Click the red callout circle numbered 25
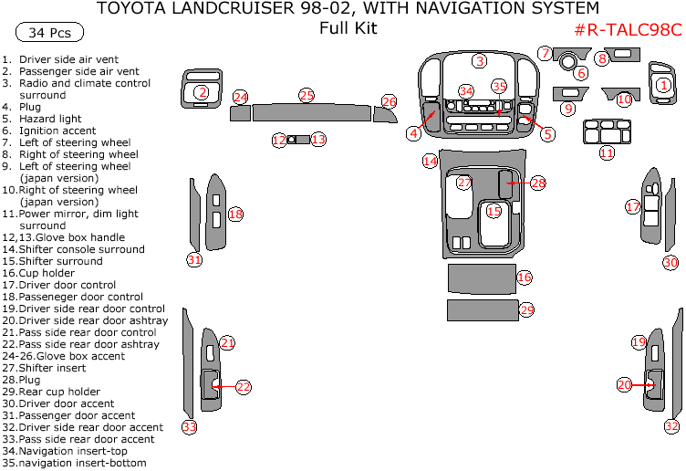307,96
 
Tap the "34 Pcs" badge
49,33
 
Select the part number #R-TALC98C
629,29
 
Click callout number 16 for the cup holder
524,277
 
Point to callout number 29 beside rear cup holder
526,310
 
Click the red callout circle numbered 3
479,61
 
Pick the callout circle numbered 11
607,152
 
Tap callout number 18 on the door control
235,215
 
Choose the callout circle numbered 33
189,426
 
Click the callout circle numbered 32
671,426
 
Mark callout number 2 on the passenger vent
202,92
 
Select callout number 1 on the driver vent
664,85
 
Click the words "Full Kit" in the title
348,28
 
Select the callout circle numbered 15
494,211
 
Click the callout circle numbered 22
243,387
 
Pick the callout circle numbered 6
580,73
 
